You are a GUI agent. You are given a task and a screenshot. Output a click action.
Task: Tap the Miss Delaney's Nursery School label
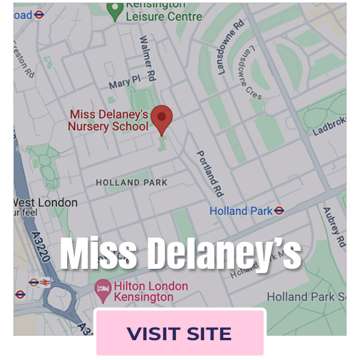tap(108, 120)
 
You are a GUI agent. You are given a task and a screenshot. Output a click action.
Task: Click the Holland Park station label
tap(240, 211)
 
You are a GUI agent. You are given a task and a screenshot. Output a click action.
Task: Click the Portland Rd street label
tap(210, 173)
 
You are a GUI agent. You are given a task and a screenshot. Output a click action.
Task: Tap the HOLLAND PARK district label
tap(132, 182)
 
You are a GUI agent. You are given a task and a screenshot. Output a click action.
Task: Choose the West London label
tap(46, 202)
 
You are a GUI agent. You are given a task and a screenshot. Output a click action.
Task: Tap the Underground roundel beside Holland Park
tap(278, 211)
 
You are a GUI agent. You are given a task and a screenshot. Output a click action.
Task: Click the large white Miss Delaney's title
tap(181, 254)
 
